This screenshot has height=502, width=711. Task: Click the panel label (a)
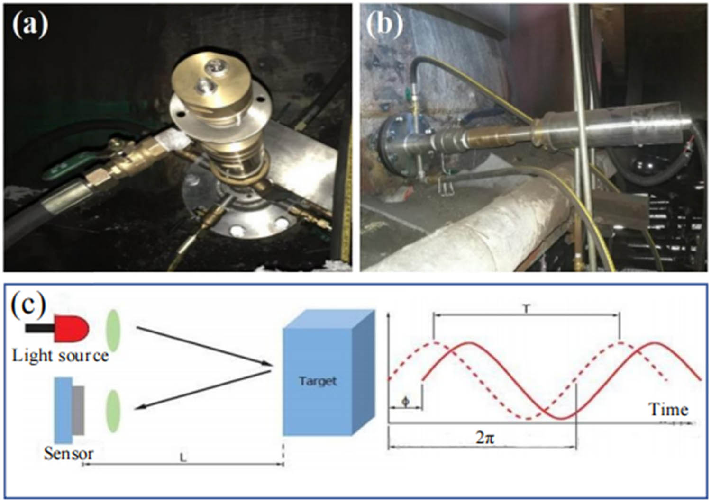click(30, 25)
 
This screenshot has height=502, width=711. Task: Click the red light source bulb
click(72, 327)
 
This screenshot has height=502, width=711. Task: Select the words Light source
click(60, 355)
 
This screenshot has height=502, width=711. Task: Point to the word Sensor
click(68, 453)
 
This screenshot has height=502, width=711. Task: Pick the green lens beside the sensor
click(113, 411)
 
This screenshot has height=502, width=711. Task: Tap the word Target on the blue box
click(318, 381)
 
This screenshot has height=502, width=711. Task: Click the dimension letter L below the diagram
click(183, 458)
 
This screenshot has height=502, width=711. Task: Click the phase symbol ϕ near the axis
click(405, 401)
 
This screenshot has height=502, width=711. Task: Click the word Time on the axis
click(668, 409)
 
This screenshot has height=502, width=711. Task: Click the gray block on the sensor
click(78, 410)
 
